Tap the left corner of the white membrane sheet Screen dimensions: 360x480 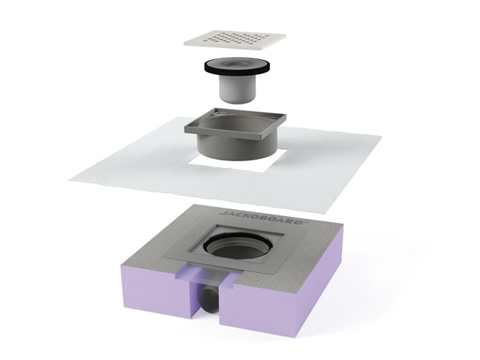pos(69,178)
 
